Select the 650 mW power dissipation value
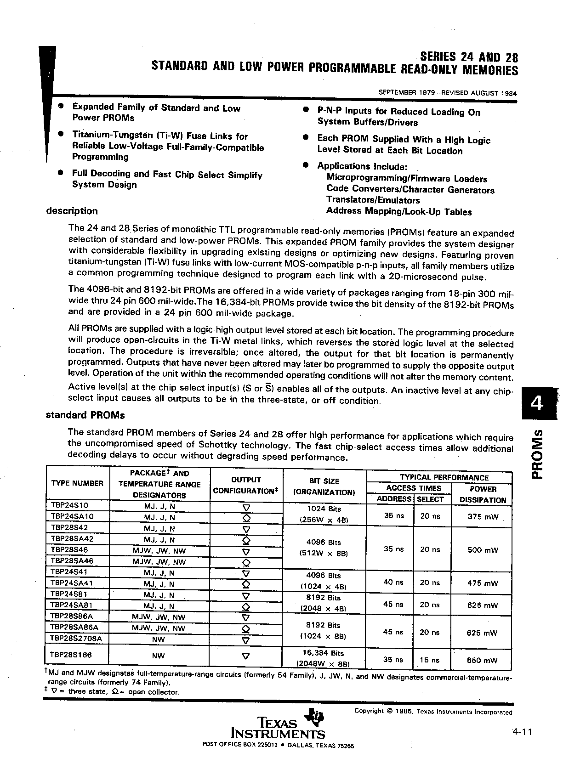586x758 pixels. [482, 660]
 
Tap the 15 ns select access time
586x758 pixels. [430, 660]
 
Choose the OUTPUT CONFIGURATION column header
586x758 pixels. [246, 486]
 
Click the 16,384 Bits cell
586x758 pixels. [324, 653]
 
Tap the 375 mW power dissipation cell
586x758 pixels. [483, 516]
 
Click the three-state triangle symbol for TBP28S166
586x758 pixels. [246, 656]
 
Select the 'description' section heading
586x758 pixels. [72, 211]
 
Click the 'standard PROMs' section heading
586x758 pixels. [85, 415]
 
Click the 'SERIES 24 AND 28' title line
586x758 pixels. [469, 57]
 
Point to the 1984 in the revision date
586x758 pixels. [508, 93]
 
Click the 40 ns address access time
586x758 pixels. [393, 582]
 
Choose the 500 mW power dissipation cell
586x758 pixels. [483, 549]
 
